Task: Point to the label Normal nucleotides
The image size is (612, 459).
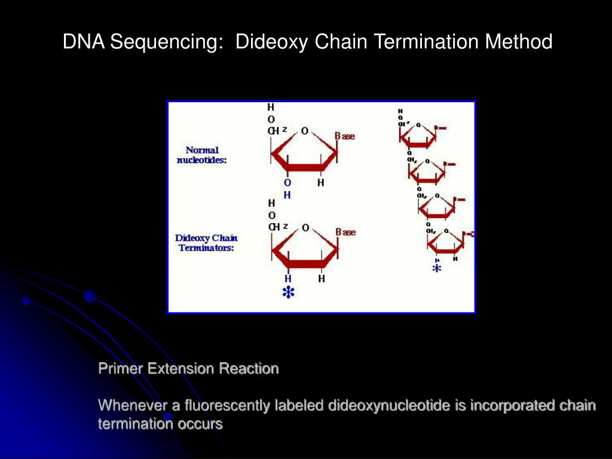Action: click(202, 155)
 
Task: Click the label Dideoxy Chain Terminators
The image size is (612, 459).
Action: click(206, 243)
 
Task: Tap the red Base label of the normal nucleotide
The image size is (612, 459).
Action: click(345, 136)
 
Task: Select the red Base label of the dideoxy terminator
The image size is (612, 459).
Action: click(345, 232)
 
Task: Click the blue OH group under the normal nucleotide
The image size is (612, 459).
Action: click(287, 188)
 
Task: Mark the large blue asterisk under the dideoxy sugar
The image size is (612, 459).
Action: click(288, 293)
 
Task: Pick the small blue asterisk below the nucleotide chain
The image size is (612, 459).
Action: click(437, 269)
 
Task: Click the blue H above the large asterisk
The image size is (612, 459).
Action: click(287, 279)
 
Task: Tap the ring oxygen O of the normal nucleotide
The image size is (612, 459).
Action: click(305, 131)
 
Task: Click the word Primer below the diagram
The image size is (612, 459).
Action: click(120, 369)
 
